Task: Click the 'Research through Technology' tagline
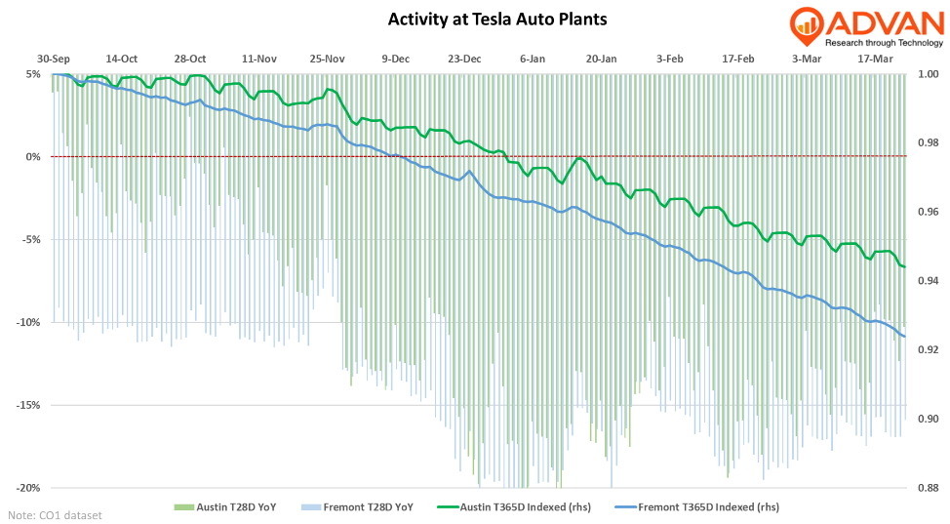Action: (x=883, y=43)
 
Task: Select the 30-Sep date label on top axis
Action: (x=54, y=59)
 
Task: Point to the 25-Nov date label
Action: (x=328, y=59)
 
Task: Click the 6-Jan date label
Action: (x=533, y=59)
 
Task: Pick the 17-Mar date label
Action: (x=875, y=59)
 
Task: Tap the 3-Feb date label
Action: (x=669, y=59)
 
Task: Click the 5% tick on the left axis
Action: (x=33, y=74)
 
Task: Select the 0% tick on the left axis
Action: (x=33, y=157)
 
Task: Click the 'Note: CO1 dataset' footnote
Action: (x=55, y=514)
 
